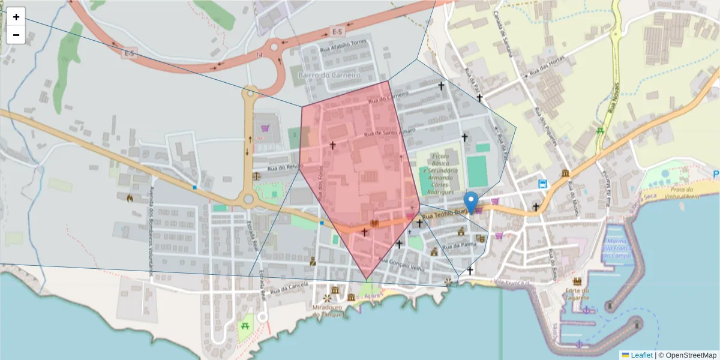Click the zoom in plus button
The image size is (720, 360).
[16, 17]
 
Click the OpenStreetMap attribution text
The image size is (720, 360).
[688, 355]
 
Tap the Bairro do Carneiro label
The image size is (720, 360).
[329, 76]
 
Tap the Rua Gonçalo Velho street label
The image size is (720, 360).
[407, 265]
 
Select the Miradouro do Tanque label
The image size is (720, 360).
[327, 311]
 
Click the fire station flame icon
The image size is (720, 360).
[130, 197]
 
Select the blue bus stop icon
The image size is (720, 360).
[543, 184]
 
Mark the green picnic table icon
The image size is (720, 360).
[245, 326]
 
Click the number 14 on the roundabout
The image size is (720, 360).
[259, 55]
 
